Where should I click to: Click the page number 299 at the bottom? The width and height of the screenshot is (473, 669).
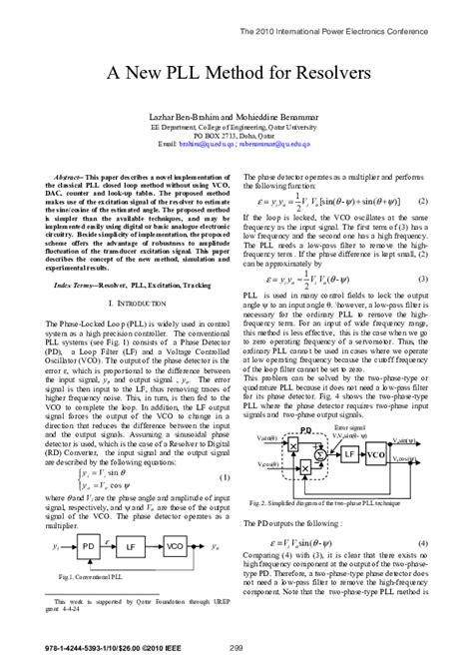(x=236, y=651)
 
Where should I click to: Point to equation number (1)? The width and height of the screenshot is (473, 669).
(x=226, y=450)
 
